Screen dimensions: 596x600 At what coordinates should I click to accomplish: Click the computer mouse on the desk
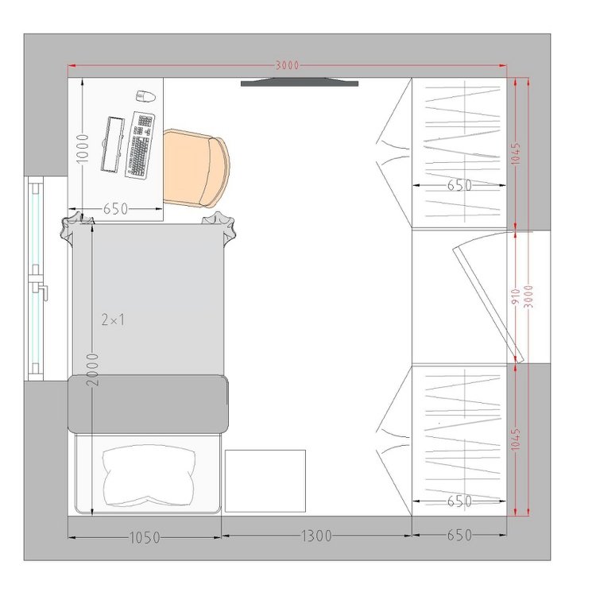[x=146, y=96]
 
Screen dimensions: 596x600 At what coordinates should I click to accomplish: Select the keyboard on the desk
[x=140, y=145]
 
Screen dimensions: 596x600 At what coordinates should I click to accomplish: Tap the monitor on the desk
[x=113, y=144]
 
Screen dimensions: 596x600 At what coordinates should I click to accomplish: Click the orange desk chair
[x=196, y=168]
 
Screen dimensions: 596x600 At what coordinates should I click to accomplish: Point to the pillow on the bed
[x=149, y=475]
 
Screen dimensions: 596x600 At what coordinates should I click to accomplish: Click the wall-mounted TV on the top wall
[x=300, y=83]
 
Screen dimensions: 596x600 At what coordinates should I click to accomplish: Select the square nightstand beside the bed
[x=265, y=481]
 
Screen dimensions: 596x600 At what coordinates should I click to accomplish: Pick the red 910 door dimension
[x=515, y=297]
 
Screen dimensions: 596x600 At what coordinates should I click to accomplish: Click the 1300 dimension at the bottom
[x=316, y=536]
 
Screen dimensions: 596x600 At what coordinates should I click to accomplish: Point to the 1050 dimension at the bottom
[x=145, y=538]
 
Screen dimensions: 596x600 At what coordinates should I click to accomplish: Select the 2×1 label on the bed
[x=113, y=319]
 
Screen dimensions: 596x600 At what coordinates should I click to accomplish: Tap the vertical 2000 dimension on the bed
[x=92, y=370]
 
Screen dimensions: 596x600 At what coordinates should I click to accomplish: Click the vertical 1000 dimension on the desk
[x=83, y=149]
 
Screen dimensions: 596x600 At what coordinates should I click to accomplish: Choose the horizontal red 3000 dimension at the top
[x=288, y=65]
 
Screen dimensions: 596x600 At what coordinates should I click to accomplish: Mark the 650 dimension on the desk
[x=115, y=209]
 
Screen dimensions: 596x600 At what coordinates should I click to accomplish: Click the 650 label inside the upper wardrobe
[x=459, y=186]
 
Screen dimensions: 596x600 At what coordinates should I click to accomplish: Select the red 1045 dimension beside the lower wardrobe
[x=515, y=439]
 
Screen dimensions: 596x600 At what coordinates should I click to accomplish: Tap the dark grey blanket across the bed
[x=148, y=405]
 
